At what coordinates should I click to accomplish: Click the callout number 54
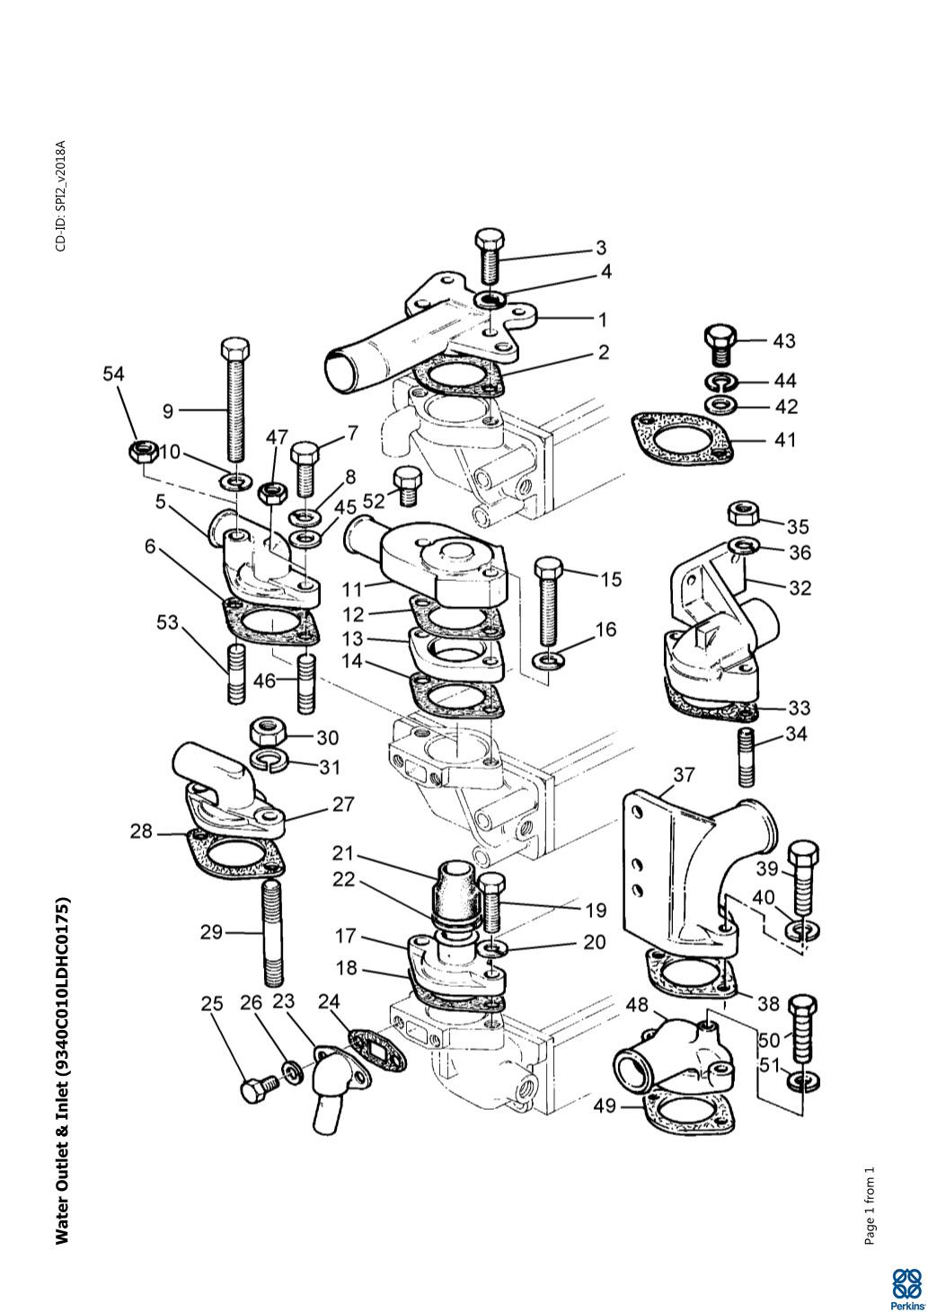click(x=114, y=374)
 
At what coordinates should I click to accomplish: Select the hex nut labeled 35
click(x=744, y=515)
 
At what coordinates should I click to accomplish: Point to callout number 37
click(x=684, y=775)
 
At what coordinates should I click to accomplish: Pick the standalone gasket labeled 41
click(x=683, y=439)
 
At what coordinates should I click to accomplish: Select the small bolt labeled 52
click(x=406, y=486)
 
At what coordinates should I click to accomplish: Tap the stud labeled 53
click(x=235, y=673)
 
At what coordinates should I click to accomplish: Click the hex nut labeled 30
click(x=267, y=732)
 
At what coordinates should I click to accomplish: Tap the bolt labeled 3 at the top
click(x=490, y=255)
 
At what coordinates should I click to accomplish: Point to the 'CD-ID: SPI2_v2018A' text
click(x=60, y=196)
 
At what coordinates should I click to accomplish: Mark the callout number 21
click(x=343, y=853)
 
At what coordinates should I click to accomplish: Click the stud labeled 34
click(x=746, y=757)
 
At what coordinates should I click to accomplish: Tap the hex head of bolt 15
click(x=549, y=568)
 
